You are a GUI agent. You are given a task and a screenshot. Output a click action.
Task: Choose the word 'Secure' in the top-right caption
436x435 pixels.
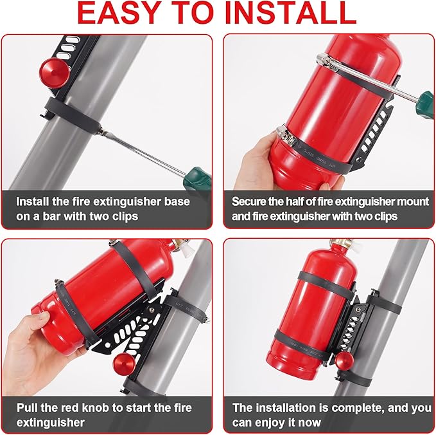coord(250,201)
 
